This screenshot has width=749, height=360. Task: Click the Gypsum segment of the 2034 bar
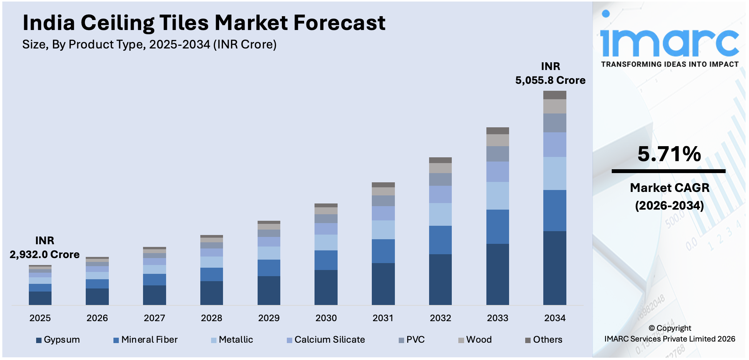pos(554,268)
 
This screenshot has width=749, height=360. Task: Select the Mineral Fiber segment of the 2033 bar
pos(498,227)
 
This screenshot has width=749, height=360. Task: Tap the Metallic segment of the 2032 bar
pos(440,214)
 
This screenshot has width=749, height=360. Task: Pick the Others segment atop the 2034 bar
pos(554,95)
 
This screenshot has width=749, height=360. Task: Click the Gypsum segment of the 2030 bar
pos(326,287)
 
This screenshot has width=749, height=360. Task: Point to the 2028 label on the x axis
pos(211,318)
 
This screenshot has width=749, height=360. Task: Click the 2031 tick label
pos(383,318)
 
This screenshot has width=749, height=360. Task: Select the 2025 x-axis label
pos(40,318)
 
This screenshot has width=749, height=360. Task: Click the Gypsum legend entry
pos(58,340)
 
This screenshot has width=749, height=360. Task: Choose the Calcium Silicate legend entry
pos(326,340)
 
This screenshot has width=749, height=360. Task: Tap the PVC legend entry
pos(412,340)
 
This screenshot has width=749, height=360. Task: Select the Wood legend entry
pos(475,340)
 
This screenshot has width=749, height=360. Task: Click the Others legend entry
pos(544,340)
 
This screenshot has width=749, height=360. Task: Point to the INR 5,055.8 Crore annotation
pos(550,73)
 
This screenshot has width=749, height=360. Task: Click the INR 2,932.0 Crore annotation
pos(45,248)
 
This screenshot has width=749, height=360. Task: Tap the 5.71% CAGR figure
pos(669,154)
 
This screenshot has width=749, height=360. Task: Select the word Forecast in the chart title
pos(340,23)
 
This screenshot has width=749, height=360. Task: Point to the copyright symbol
pos(652,328)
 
